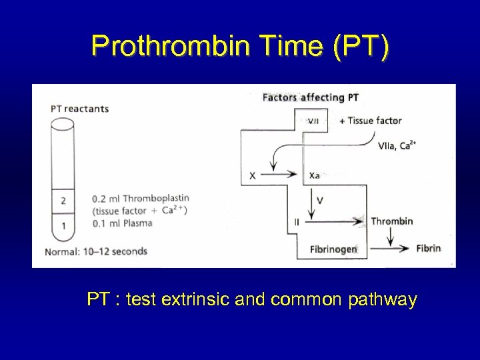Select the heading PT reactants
point(79,109)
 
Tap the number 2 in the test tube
point(63,200)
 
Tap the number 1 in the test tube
point(63,226)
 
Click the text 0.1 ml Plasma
point(123,223)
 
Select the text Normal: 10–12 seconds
point(96,251)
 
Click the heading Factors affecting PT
point(311,97)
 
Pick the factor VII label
point(313,121)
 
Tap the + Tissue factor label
point(370,121)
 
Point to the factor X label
point(252,175)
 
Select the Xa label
point(315,175)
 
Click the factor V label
point(320,199)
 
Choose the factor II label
point(296,221)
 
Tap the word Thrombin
point(392,221)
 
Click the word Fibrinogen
point(334,249)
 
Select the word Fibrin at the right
point(429,249)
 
